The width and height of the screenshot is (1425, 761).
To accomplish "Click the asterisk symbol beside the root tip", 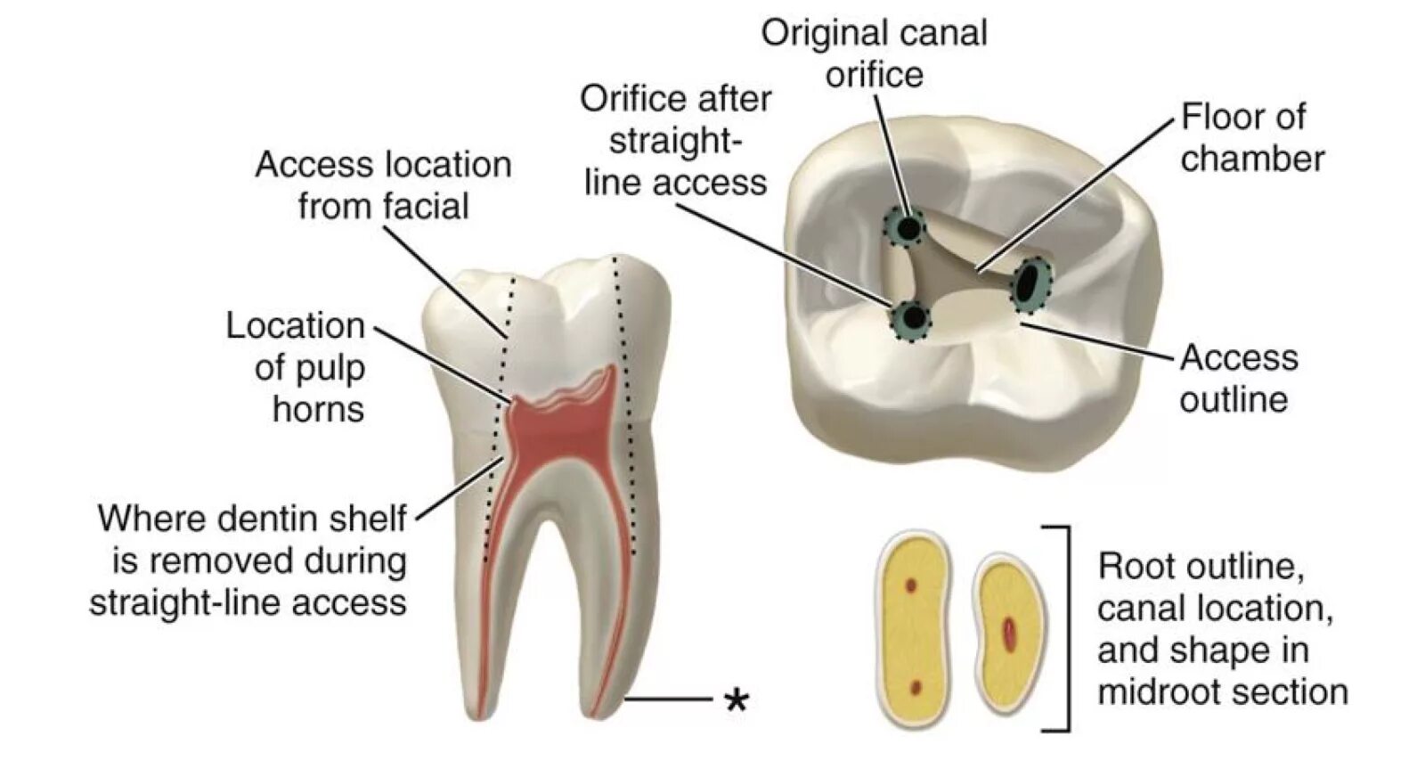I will [736, 700].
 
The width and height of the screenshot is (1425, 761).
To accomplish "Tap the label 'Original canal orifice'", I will [874, 53].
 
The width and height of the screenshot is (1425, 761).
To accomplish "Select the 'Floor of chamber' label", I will [1251, 138].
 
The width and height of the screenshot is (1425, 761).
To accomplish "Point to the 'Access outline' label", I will [1238, 378].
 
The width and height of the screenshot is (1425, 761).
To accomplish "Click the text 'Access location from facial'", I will [383, 185].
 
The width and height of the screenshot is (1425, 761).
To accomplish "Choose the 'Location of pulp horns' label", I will [296, 367].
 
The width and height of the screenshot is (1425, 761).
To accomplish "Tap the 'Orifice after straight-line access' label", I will [675, 140].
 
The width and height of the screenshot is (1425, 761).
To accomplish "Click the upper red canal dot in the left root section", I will [911, 585].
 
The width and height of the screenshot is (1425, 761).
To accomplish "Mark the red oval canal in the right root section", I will [1009, 633].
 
